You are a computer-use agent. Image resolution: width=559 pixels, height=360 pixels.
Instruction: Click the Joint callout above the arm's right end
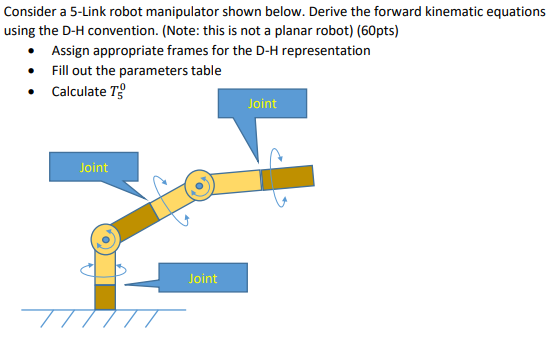tap(261, 104)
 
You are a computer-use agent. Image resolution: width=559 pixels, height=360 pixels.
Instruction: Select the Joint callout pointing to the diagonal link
tap(93, 168)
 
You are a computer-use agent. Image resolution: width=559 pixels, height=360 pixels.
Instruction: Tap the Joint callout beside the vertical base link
tap(201, 278)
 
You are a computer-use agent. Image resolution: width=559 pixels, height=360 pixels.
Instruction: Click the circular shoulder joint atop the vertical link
tap(104, 238)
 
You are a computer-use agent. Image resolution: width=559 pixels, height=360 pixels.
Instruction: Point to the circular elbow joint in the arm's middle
tap(201, 184)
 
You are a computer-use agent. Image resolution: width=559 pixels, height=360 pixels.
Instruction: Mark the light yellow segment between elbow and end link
tap(238, 181)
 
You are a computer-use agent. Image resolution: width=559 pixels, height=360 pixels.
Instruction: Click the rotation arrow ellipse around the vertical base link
tap(104, 269)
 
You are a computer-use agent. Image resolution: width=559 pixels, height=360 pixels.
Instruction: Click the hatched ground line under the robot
tap(105, 313)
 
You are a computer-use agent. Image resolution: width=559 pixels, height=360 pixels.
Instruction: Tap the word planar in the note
tap(278, 30)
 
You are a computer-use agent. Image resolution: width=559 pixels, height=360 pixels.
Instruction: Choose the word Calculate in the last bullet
tap(79, 91)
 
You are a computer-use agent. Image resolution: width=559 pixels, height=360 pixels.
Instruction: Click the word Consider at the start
tap(31, 11)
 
